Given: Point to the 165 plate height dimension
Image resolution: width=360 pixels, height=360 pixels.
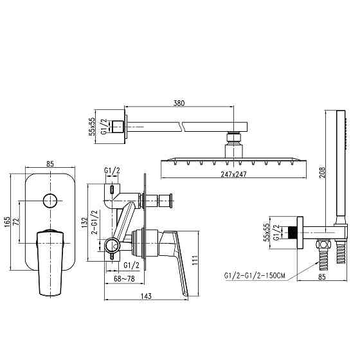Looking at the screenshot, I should [8, 222].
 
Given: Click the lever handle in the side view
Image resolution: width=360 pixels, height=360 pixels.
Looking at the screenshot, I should [175, 257].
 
